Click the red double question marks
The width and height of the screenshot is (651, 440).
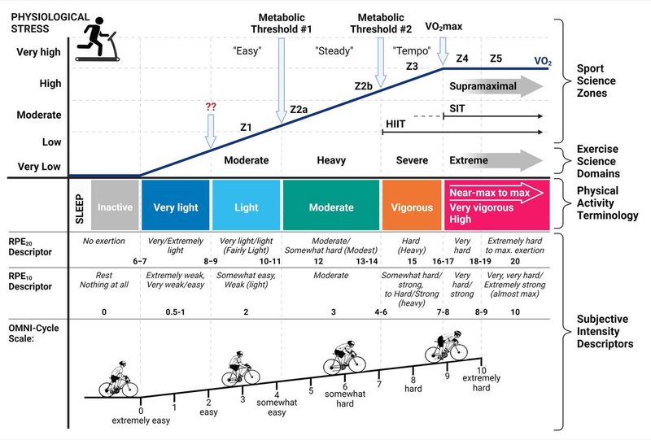click(x=210, y=107)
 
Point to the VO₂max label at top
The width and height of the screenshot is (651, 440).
click(x=443, y=27)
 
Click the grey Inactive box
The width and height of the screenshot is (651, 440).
click(x=115, y=207)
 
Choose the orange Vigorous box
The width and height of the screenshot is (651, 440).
click(x=412, y=207)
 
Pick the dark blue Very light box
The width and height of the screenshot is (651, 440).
click(x=175, y=207)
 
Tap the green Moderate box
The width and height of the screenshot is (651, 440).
click(x=330, y=207)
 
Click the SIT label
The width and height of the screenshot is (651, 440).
click(x=458, y=107)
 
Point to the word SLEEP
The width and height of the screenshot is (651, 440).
click(x=79, y=207)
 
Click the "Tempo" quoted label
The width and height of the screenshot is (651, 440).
click(x=405, y=50)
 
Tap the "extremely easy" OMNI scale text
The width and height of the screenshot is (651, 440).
click(x=141, y=420)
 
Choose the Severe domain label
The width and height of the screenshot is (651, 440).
click(x=411, y=161)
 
